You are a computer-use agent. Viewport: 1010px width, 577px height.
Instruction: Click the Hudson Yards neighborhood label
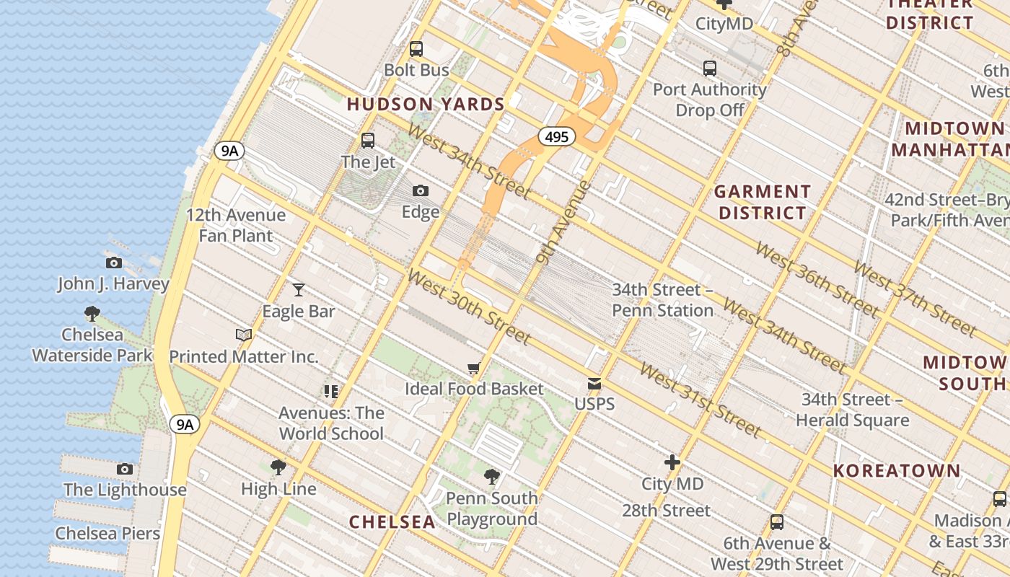(x=426, y=105)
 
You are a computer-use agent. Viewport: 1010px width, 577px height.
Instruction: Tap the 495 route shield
(x=556, y=136)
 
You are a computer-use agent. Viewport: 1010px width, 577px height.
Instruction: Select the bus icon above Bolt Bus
(x=416, y=49)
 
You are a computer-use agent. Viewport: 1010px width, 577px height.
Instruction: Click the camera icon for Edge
(x=421, y=191)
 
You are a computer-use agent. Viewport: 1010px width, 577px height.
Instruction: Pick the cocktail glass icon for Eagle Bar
(x=299, y=290)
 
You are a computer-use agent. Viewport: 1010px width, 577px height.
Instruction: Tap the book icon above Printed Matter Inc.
(x=244, y=335)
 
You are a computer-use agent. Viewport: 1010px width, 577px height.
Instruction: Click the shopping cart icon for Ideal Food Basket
(x=473, y=369)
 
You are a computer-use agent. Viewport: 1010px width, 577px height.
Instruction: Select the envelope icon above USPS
(x=594, y=383)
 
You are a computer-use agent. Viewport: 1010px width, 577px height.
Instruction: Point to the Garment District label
(x=762, y=202)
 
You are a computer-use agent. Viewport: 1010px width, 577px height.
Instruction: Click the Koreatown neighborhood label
(x=897, y=471)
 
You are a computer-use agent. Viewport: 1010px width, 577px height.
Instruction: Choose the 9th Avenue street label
(x=565, y=223)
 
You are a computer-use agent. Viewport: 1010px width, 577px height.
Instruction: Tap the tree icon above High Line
(x=278, y=467)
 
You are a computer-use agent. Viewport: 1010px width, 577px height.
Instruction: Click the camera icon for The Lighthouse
(x=125, y=469)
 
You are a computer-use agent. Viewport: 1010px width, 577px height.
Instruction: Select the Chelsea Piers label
(x=107, y=534)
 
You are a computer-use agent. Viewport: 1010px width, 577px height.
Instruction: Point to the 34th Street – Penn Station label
(x=662, y=300)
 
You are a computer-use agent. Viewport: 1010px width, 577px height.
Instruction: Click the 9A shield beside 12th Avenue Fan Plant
(x=229, y=151)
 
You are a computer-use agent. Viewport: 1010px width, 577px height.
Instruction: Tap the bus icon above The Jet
(x=368, y=141)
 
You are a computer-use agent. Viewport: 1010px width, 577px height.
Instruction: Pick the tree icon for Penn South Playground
(x=492, y=476)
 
